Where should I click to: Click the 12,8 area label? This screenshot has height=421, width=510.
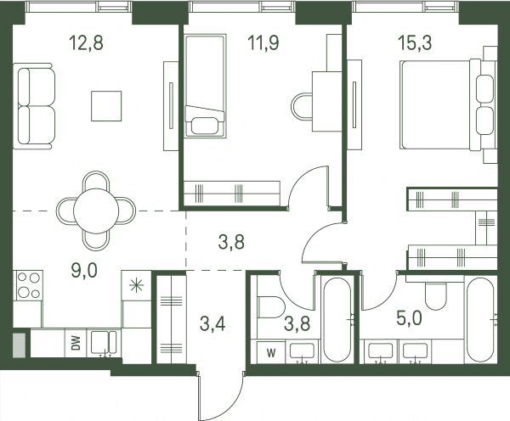click(87, 43)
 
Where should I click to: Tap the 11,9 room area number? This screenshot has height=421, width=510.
click(263, 43)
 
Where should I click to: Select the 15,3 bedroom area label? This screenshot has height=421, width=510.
click(416, 43)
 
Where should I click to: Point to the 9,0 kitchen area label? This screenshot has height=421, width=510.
click(84, 270)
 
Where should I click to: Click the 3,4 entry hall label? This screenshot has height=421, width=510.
click(212, 324)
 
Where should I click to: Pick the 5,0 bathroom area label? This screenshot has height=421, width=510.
click(409, 318)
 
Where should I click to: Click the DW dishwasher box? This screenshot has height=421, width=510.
click(76, 343)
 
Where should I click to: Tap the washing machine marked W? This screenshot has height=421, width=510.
click(271, 352)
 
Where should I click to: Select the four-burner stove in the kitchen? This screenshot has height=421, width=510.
click(28, 285)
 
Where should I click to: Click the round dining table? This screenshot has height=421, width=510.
click(96, 211)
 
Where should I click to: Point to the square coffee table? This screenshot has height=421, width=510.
click(106, 106)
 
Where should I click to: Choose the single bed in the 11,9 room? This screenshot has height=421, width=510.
click(205, 86)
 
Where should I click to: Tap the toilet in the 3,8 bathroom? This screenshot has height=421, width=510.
click(271, 307)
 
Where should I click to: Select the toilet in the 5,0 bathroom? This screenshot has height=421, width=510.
click(437, 296)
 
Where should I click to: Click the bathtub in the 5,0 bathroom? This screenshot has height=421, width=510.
click(481, 320)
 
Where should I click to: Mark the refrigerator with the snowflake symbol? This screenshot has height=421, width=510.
click(136, 285)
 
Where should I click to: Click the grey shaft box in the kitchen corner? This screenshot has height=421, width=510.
click(20, 345)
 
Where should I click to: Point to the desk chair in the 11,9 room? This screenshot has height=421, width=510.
click(302, 107)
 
